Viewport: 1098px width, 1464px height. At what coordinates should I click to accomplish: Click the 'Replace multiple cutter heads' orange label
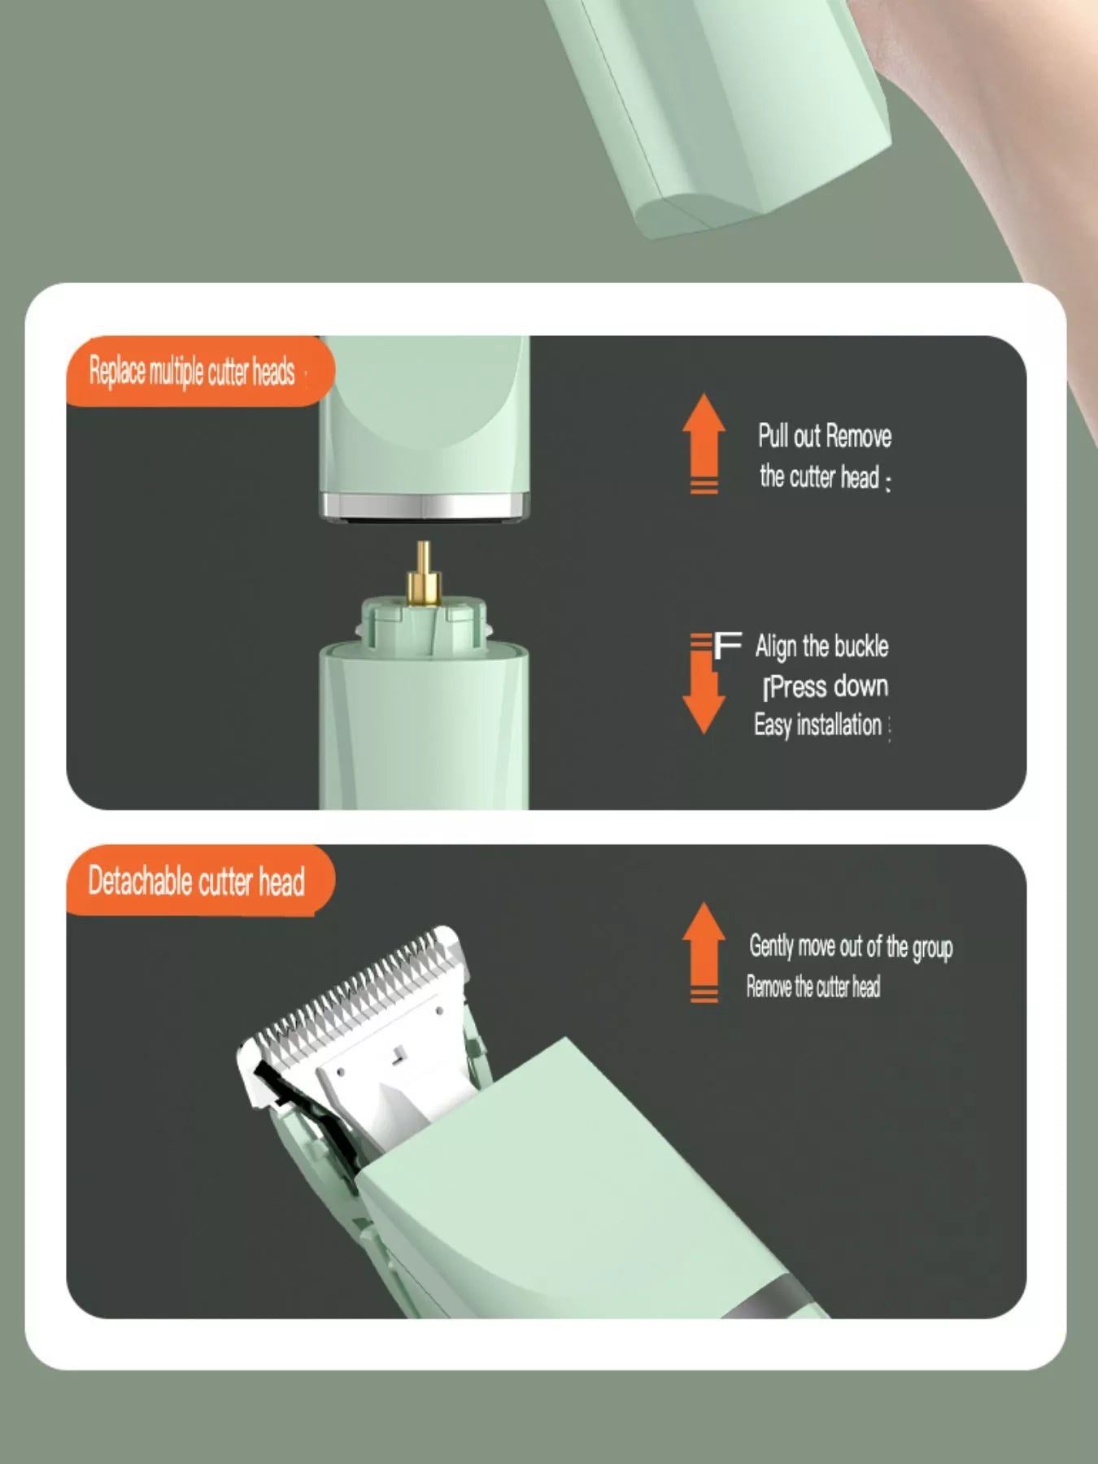tap(199, 371)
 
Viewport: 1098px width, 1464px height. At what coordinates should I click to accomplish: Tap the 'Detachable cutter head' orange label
tap(199, 881)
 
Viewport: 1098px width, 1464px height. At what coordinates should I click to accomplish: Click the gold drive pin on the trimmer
tap(424, 574)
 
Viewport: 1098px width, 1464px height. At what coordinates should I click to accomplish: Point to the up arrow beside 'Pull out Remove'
tap(704, 443)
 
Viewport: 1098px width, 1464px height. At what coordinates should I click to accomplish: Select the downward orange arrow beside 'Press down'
tap(704, 684)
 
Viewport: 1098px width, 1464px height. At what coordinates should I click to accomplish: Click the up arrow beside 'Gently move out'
tap(704, 952)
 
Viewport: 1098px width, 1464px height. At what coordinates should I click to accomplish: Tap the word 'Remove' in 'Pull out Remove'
tap(858, 437)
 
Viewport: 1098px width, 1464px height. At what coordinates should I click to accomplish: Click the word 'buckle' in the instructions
tap(861, 647)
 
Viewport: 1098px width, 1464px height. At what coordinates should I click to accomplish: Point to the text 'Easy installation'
tap(817, 725)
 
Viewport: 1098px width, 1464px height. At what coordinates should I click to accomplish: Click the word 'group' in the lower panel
tap(932, 948)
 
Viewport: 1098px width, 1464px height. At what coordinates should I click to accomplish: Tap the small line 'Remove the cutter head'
tap(813, 987)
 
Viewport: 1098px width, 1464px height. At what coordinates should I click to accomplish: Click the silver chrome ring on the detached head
tap(425, 506)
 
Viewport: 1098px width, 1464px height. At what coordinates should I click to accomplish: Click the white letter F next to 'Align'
tap(728, 647)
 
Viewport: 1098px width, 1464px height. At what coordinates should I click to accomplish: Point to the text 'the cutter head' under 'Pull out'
tap(820, 477)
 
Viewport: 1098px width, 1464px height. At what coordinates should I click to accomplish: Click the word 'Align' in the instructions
tap(776, 647)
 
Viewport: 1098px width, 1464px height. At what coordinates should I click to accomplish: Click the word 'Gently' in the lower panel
tap(771, 947)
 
